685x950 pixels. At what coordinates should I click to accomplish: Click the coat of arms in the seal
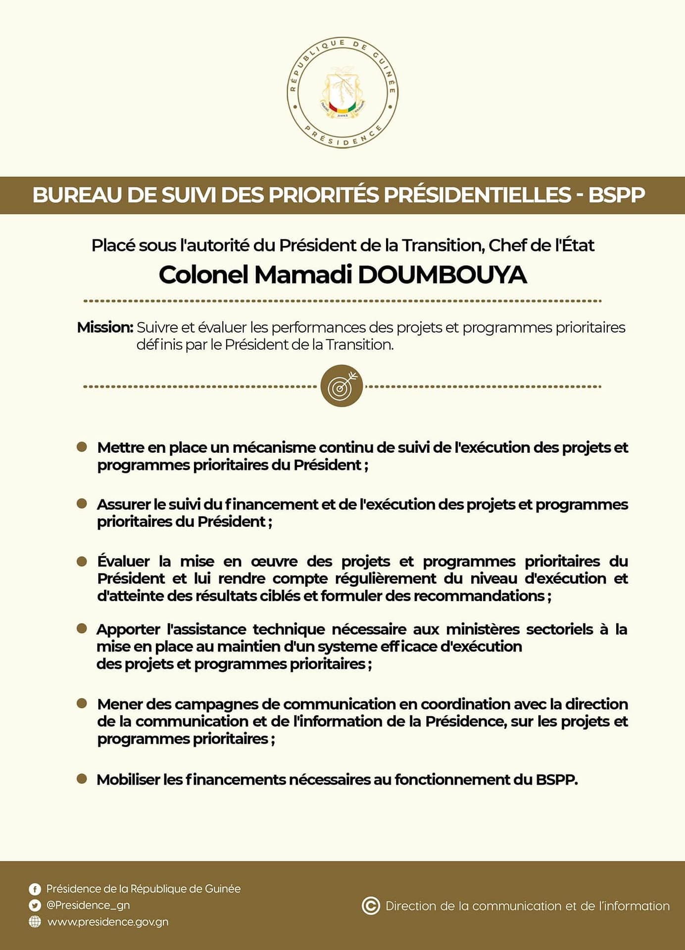point(342,93)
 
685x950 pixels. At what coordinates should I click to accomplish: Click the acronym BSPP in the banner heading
point(616,195)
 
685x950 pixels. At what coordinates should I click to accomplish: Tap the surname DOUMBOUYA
point(442,275)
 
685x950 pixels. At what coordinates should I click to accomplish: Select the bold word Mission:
point(105,328)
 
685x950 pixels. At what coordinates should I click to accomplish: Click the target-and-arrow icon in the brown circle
point(342,386)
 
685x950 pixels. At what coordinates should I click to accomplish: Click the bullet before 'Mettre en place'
point(82,447)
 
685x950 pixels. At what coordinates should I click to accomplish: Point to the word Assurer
point(124,505)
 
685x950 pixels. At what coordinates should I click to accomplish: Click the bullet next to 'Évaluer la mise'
point(82,562)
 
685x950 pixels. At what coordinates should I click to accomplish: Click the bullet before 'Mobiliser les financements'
point(82,779)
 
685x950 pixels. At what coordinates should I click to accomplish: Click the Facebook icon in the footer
point(35,889)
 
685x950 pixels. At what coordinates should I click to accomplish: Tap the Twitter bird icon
point(35,905)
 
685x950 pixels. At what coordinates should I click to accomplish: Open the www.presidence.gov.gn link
point(108,922)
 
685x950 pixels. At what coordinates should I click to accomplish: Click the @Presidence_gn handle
point(88,905)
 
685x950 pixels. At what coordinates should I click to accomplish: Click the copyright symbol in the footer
point(371,906)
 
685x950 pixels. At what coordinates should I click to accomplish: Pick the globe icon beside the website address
point(35,922)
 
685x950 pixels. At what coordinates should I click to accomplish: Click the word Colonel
point(203,275)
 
